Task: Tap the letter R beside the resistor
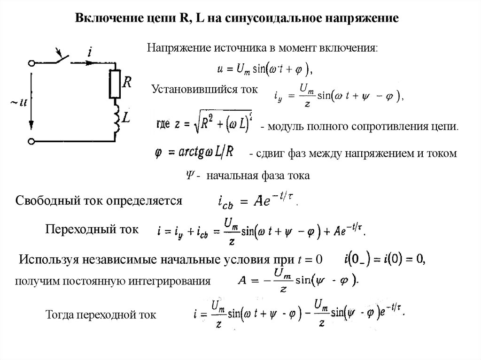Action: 126,83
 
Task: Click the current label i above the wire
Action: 90,52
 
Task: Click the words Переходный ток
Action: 92,230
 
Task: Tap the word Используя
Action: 49,259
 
